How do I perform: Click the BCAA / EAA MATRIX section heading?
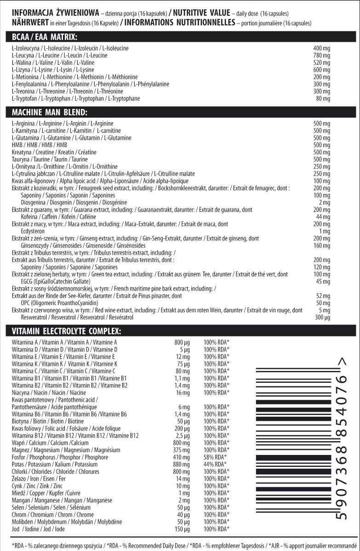45,37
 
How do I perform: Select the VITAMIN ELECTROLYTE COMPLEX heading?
67,331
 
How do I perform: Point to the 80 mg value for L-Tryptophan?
323,98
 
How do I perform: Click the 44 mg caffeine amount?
324,216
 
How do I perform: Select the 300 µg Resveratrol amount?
322,317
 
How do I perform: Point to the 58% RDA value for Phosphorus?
215,457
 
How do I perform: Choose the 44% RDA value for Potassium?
215,464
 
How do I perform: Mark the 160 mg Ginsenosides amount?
322,245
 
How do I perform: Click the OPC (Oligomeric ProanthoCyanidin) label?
60,303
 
